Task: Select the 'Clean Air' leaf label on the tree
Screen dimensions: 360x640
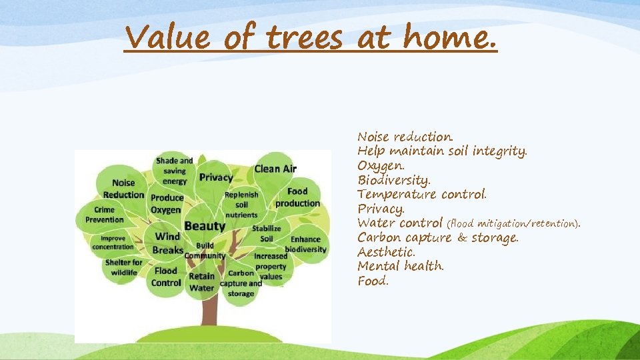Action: tap(275, 169)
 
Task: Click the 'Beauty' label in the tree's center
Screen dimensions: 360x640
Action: tap(205, 226)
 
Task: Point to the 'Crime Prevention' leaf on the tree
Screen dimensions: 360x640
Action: tap(104, 215)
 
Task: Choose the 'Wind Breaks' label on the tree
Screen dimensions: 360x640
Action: tap(167, 243)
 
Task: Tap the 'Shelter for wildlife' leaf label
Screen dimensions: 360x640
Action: tap(123, 267)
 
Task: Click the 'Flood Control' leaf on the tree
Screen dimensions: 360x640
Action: tap(166, 277)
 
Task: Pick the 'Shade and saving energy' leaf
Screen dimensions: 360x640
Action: tap(175, 171)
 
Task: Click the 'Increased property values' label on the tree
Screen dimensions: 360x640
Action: tap(271, 266)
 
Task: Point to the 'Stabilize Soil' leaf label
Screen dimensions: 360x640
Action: tap(266, 233)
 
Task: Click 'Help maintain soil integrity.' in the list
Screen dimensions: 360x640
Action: tap(442, 151)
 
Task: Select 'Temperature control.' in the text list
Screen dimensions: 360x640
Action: tap(422, 194)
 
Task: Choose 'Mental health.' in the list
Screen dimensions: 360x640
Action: tap(401, 266)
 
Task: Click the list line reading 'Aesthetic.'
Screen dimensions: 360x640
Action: tap(386, 252)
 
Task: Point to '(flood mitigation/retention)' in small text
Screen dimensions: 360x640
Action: tap(513, 223)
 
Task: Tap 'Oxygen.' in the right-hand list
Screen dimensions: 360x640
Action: tap(381, 165)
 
